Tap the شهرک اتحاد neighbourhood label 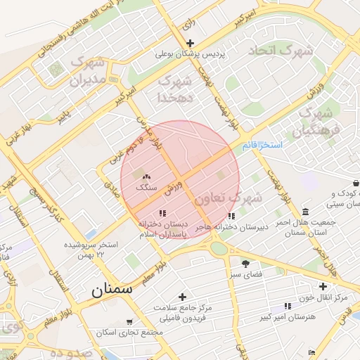278,51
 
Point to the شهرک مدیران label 89,72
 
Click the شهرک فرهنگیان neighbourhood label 318,122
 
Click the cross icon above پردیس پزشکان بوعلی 190,44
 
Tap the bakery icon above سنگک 146,176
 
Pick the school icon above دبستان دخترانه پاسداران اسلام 162,212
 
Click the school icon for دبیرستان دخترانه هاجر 231,216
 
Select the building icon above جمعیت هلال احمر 304,212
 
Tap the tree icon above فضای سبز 245,263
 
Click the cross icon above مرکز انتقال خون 323,286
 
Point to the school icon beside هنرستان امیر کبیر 287,306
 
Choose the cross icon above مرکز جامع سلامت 182,297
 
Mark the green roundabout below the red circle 219,248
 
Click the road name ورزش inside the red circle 174,187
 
